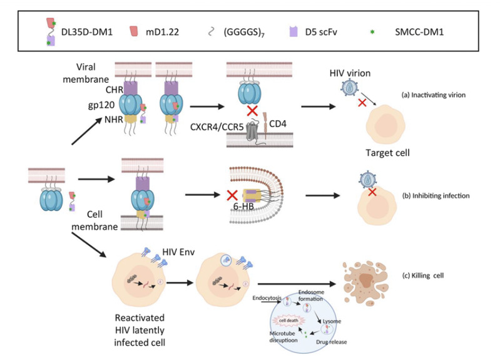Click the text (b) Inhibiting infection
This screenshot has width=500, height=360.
[441, 196]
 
